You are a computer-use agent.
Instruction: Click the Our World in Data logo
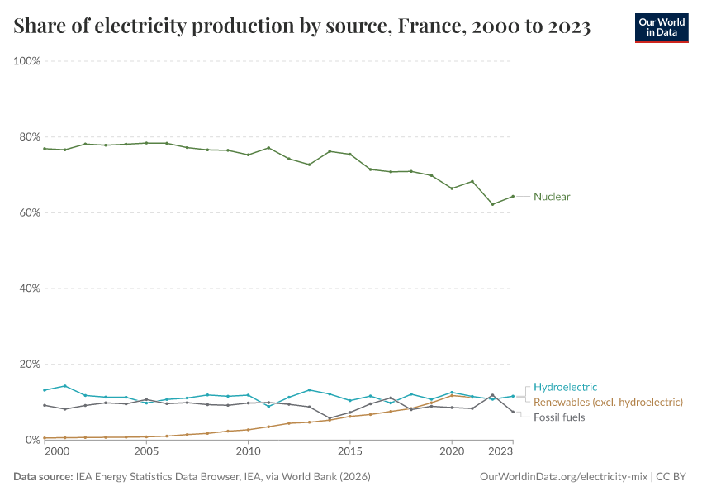tap(661, 27)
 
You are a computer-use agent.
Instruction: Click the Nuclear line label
tap(552, 197)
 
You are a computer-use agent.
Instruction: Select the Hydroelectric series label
tap(565, 387)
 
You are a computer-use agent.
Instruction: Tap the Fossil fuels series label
tap(559, 417)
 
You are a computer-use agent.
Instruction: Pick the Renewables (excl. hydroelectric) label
tap(608, 402)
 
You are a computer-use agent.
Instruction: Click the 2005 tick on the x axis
tap(146, 453)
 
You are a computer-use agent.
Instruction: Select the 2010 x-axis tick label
tap(248, 453)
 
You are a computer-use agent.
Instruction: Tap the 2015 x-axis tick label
tap(350, 453)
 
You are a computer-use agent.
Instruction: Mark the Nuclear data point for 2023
tap(513, 196)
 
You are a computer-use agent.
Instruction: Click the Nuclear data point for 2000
tap(64, 150)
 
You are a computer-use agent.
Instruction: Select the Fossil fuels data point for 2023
tap(513, 412)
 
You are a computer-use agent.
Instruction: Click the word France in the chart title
tap(425, 26)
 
